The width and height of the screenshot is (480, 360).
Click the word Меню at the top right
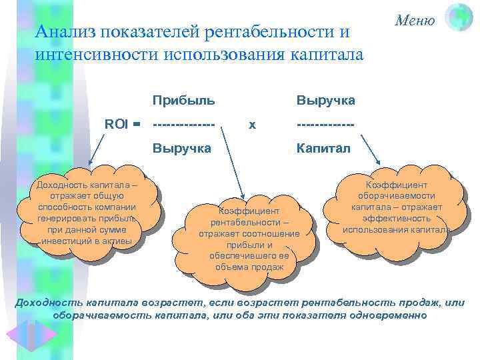click(415, 20)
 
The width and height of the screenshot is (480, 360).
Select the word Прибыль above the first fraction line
click(183, 100)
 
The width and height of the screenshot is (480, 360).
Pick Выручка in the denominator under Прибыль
click(182, 148)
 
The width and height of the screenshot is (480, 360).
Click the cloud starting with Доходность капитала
click(87, 211)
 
